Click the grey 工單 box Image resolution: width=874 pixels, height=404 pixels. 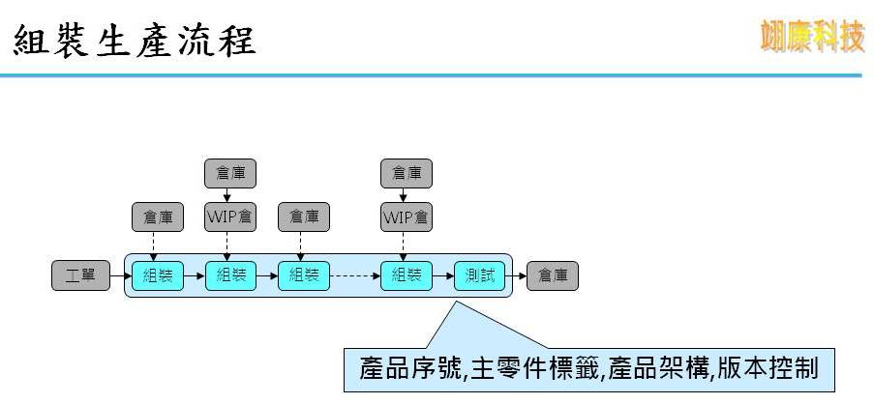point(80,275)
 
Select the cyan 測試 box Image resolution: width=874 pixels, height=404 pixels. point(479,275)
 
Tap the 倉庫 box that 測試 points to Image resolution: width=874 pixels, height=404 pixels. point(553,275)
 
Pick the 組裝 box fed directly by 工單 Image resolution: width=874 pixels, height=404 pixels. point(157,275)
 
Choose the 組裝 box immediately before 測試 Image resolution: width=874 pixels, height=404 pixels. point(406,275)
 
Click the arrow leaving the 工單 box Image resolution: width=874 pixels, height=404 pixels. point(119,275)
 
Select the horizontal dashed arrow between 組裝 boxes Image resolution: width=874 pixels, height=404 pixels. point(354,275)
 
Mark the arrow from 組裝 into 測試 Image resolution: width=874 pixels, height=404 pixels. point(442,275)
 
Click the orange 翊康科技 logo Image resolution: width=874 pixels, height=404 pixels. point(811,38)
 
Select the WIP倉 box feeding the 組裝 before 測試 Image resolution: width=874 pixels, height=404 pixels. point(406,216)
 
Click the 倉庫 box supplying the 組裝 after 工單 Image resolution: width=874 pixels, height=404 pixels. point(157,217)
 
